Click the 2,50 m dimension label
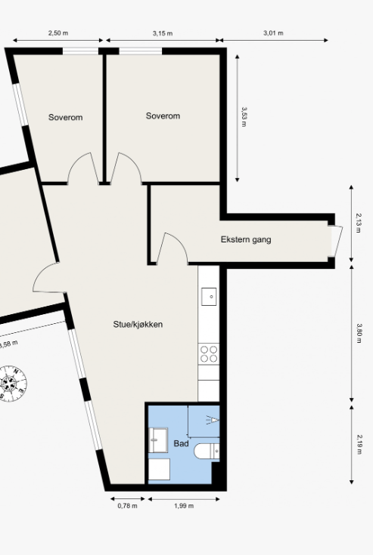coord(58,33)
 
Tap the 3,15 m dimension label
coord(163,34)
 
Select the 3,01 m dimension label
coord(273,33)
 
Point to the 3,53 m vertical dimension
coord(244,117)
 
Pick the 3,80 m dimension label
coord(359,334)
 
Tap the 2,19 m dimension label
coord(359,444)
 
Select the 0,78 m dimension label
coord(127,506)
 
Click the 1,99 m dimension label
coord(184,506)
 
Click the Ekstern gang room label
coord(246,239)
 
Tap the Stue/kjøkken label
coord(138,324)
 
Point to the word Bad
coord(181,443)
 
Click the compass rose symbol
coord(11,384)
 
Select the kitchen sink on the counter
coord(209,297)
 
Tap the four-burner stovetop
coord(209,354)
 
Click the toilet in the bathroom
coord(207,452)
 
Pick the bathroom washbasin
coord(158,440)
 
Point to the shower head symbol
coord(213,420)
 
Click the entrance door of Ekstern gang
coord(336,241)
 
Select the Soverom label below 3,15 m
coord(163,116)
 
